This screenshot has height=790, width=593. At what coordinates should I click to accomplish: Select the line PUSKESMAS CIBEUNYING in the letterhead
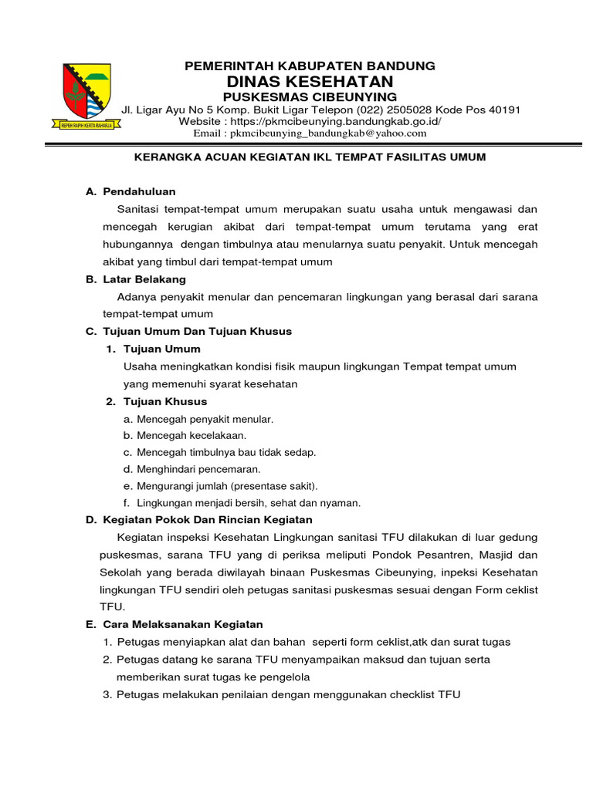pos(310,96)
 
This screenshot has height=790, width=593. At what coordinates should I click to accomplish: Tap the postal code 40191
pos(503,110)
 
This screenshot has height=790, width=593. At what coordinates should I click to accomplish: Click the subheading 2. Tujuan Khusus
pos(157,401)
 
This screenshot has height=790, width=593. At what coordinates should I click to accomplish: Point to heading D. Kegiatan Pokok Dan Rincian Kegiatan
pos(198,520)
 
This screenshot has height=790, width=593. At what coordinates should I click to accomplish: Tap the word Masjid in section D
pos(493,555)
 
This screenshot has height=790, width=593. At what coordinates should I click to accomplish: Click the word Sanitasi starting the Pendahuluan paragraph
pos(140,209)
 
